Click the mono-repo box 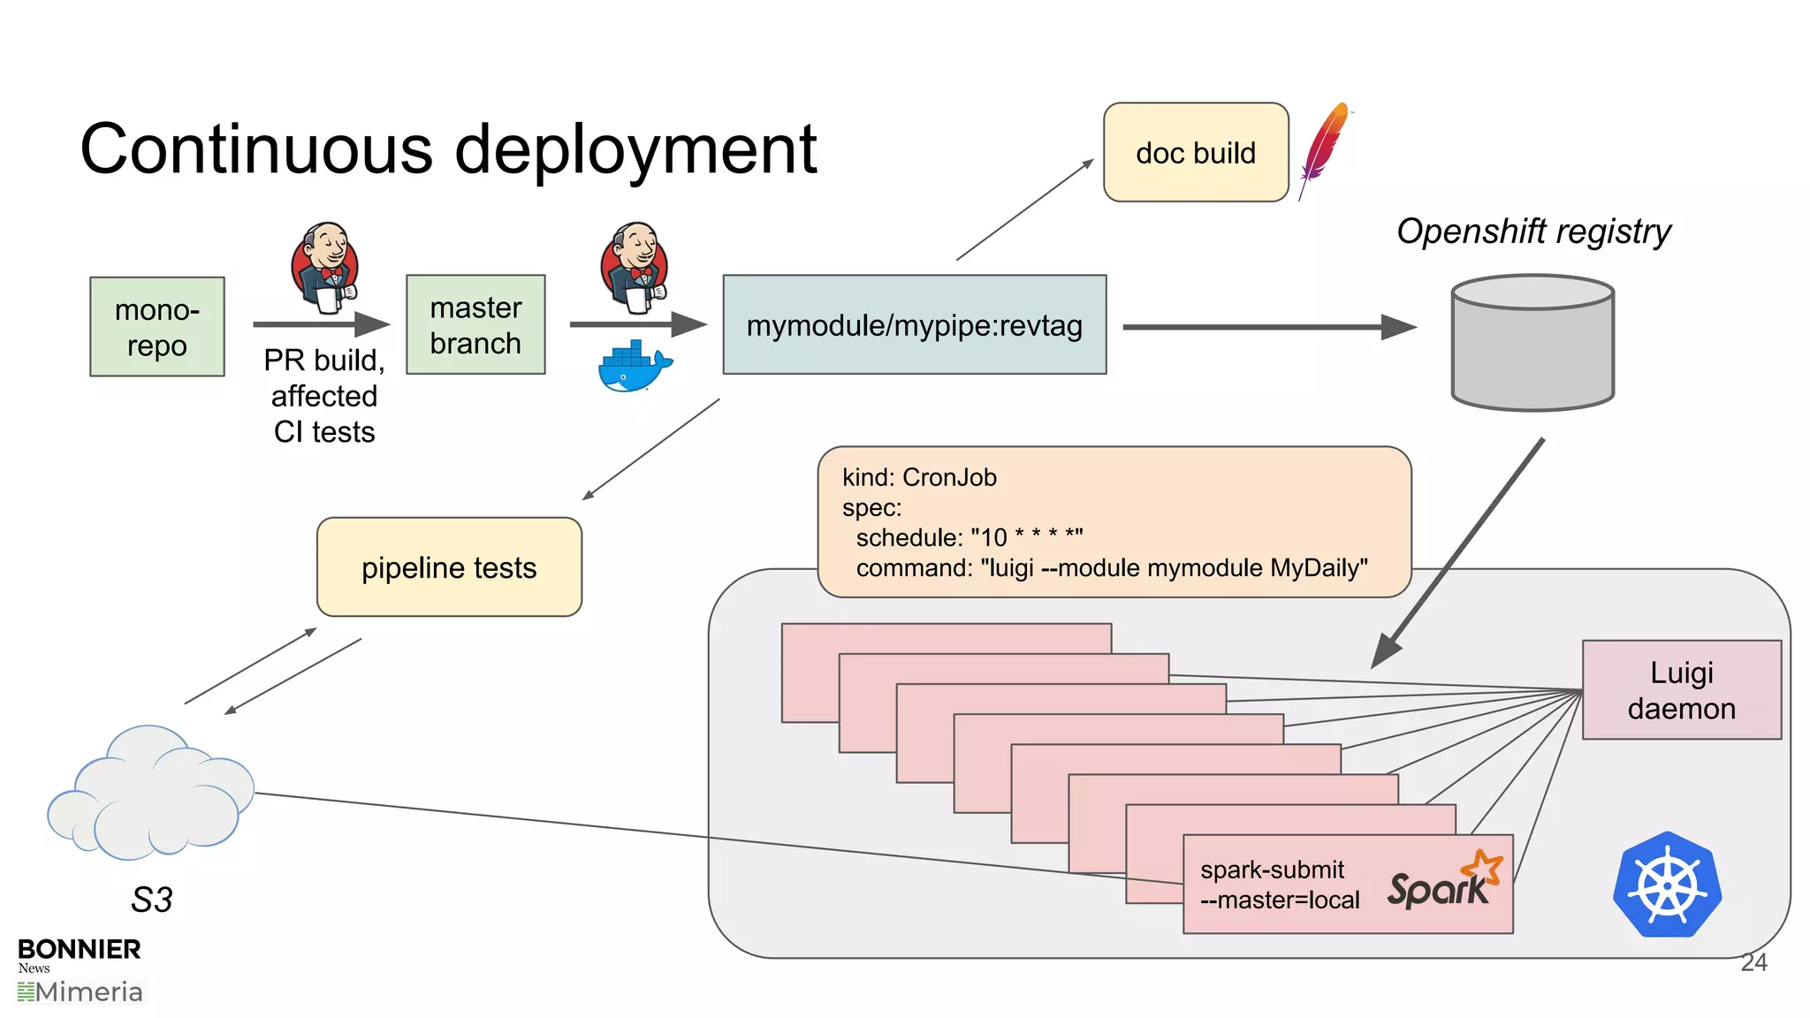pyautogui.click(x=157, y=327)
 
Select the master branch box pyautogui.click(x=475, y=325)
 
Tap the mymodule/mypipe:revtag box pyautogui.click(x=914, y=325)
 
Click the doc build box pyautogui.click(x=1196, y=153)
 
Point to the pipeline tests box pyautogui.click(x=449, y=567)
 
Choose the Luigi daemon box pyautogui.click(x=1681, y=690)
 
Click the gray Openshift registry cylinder pyautogui.click(x=1532, y=344)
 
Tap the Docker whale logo pyautogui.click(x=634, y=366)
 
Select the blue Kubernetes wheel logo pyautogui.click(x=1667, y=885)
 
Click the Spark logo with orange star pyautogui.click(x=1443, y=881)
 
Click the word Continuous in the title pyautogui.click(x=256, y=149)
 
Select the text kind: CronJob pyautogui.click(x=919, y=478)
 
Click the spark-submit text pyautogui.click(x=1272, y=870)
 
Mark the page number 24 pyautogui.click(x=1753, y=962)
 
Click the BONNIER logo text pyautogui.click(x=79, y=949)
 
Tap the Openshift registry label pyautogui.click(x=1533, y=232)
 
